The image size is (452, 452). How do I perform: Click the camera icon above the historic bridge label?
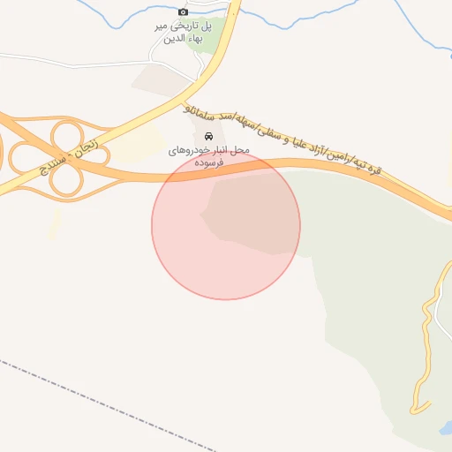point(183,11)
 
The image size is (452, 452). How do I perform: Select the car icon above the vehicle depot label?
point(208,137)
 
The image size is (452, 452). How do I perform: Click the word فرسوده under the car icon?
point(209,163)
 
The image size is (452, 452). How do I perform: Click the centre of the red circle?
point(226,225)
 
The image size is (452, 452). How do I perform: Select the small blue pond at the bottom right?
point(444,429)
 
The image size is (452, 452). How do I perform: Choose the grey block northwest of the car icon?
point(159,79)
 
